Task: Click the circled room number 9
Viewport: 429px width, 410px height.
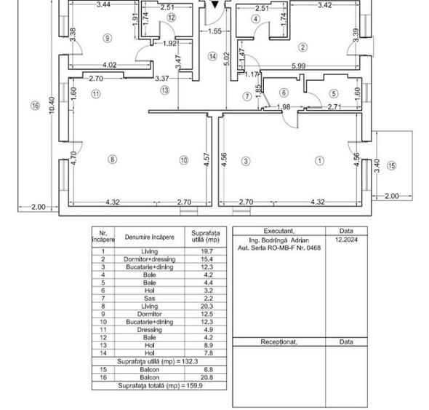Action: click(x=107, y=38)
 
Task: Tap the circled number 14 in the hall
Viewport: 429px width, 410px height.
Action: click(x=212, y=57)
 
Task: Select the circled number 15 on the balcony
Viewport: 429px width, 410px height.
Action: click(x=391, y=165)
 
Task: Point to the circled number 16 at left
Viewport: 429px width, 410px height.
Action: click(x=36, y=106)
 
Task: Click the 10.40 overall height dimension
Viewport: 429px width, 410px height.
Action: click(x=52, y=106)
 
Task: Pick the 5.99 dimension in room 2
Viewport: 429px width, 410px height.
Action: click(x=298, y=66)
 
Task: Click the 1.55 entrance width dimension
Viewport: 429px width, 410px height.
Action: click(x=214, y=31)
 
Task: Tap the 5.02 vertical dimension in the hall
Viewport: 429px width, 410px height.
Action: click(x=227, y=59)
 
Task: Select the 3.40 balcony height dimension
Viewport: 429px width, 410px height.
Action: click(x=377, y=165)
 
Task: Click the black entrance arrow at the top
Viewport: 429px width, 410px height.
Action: click(x=215, y=4)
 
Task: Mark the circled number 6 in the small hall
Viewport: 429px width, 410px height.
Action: click(x=284, y=93)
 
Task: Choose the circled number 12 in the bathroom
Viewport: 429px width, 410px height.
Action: click(x=172, y=17)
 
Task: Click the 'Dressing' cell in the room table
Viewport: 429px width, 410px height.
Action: click(x=149, y=330)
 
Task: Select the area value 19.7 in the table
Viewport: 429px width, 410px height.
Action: click(x=207, y=251)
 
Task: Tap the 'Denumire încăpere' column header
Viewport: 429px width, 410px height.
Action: click(x=149, y=237)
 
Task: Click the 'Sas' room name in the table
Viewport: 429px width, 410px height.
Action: click(x=149, y=298)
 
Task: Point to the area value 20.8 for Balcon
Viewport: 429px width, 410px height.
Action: click(x=207, y=377)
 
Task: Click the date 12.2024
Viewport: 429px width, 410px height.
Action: click(x=346, y=240)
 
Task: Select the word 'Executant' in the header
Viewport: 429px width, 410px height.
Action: click(x=278, y=231)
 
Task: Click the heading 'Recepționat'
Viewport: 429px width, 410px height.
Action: click(x=278, y=342)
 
